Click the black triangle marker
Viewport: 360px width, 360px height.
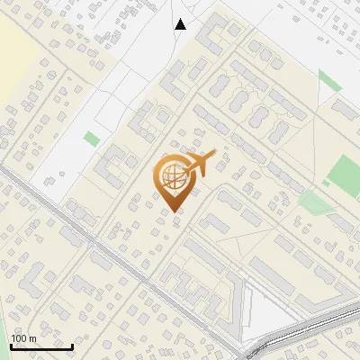(180, 24)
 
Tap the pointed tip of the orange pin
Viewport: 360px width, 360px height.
(173, 211)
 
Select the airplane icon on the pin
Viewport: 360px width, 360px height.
(199, 164)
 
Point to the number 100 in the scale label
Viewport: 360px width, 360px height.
(20, 338)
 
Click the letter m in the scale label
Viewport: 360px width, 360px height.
(33, 338)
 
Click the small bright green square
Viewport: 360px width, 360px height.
(92, 139)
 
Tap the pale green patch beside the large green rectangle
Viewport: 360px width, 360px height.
(314, 202)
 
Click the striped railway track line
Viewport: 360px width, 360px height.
(306, 329)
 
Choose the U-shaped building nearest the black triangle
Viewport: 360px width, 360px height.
(213, 37)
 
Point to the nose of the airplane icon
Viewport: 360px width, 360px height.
(214, 156)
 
